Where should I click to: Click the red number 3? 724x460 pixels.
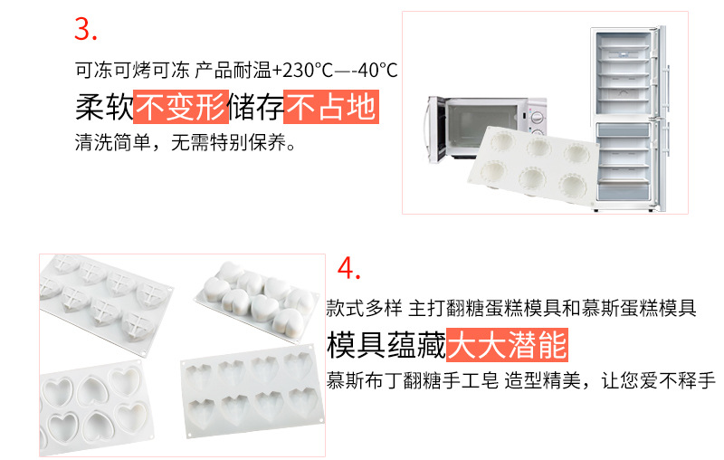(85, 29)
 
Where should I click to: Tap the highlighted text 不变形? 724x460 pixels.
(180, 108)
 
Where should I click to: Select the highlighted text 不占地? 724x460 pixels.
(330, 108)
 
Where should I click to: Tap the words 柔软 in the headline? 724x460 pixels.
(103, 108)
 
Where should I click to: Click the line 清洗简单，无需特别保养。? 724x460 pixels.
(185, 144)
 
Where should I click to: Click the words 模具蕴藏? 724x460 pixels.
(386, 345)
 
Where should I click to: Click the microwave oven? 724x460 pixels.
(489, 127)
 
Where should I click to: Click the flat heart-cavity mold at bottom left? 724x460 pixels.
(95, 407)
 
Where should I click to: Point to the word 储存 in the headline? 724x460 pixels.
(255, 108)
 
